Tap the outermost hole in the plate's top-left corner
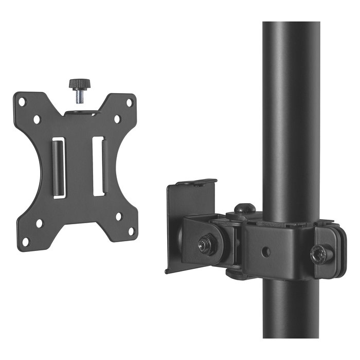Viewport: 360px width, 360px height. (x=22, y=102)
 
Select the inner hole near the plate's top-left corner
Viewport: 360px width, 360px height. (x=37, y=119)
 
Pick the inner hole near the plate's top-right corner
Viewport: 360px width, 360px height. (x=117, y=119)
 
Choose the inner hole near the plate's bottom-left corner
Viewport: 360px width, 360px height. (x=39, y=223)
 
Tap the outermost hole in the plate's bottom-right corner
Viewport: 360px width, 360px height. (x=131, y=232)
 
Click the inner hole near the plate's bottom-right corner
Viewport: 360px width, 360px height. (x=118, y=216)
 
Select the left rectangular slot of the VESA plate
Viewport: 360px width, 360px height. (x=59, y=167)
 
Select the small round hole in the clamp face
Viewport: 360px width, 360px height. (x=266, y=253)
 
